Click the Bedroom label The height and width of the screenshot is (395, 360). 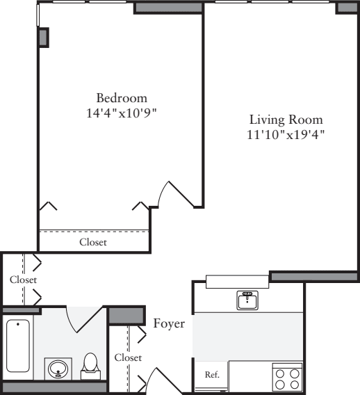coord(122,97)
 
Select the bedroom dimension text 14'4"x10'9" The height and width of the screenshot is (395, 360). coord(122,112)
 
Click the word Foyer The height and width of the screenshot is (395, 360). coord(169,323)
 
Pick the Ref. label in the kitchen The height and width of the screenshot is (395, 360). coord(212,375)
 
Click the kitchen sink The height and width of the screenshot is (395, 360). coord(247,300)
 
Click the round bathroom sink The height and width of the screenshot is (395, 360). coord(58,368)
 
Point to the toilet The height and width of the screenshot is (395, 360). coord(90,365)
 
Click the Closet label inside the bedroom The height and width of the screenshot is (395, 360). coord(93,242)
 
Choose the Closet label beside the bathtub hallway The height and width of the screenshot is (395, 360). coord(22,280)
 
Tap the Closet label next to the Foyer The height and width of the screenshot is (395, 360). coord(128,357)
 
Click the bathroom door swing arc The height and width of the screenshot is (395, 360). coord(79,320)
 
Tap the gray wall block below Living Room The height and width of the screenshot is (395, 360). coord(313,276)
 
